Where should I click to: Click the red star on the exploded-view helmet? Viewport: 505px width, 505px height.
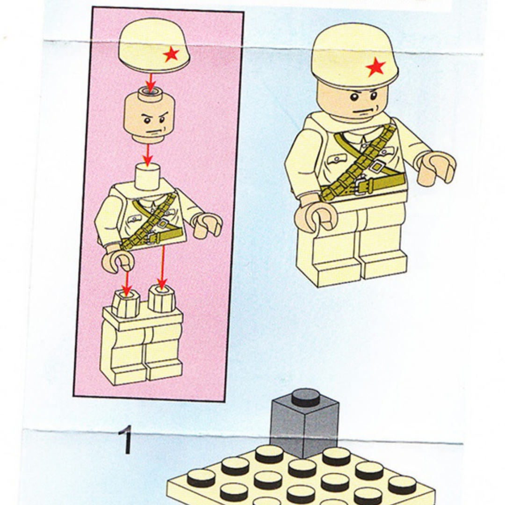[x=171, y=54]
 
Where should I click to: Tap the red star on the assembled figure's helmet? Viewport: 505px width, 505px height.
[x=375, y=67]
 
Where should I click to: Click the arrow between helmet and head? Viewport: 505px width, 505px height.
[x=150, y=83]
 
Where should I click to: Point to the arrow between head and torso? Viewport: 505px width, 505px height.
[x=147, y=155]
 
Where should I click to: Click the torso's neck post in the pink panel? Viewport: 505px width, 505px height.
[x=147, y=176]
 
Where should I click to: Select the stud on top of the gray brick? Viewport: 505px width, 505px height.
[x=306, y=397]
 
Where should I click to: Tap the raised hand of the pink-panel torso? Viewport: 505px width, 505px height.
[x=208, y=225]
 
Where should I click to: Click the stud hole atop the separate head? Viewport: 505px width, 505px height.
[x=150, y=93]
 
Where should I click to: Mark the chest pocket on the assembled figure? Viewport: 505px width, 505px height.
[x=337, y=159]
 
